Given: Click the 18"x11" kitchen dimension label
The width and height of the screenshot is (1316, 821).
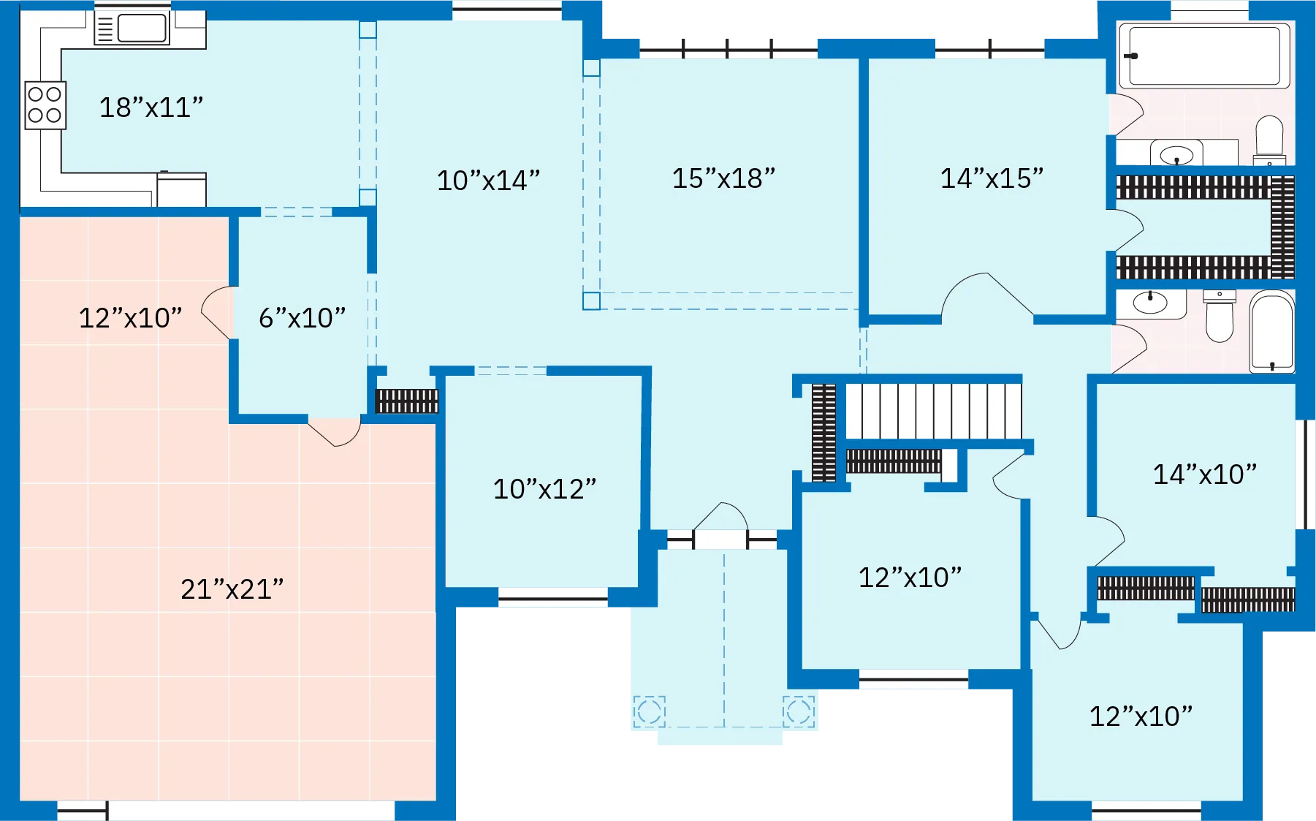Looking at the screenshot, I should pos(151,107).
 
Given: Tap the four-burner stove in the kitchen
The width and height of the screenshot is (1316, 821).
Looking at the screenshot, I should pos(45,105).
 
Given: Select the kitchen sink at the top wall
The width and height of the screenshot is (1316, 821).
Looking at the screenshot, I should pos(132,29).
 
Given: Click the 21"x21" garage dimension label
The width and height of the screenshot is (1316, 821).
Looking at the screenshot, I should pos(232,589).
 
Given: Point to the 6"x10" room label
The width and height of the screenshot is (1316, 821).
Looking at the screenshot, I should pos(302,318).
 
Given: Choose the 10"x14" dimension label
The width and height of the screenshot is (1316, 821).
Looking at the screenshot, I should pos(487,181).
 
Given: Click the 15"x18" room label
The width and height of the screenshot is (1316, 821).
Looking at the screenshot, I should pos(723,178).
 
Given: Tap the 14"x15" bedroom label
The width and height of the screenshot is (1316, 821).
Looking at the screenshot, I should pos(991,178).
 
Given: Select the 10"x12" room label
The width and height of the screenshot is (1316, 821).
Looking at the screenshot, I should pos(544,489).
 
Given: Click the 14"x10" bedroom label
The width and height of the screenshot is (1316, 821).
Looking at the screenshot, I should pos(1204,474).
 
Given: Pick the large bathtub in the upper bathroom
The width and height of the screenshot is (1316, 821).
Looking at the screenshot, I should pos(1204,56).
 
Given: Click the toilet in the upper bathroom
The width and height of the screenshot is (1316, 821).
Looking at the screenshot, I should pos(1269,139).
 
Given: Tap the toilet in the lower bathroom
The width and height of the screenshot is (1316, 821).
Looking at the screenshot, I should pos(1219,316).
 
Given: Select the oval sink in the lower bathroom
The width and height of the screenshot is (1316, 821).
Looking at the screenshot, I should pos(1150,302).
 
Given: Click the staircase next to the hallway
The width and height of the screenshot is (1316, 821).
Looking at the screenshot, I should pos(932,411).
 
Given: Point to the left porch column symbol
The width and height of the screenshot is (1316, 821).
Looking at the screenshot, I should pos(649,711).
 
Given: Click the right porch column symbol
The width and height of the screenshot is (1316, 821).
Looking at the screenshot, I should pos(798,711).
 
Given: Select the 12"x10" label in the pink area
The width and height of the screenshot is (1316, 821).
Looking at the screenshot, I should pos(130,318).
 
